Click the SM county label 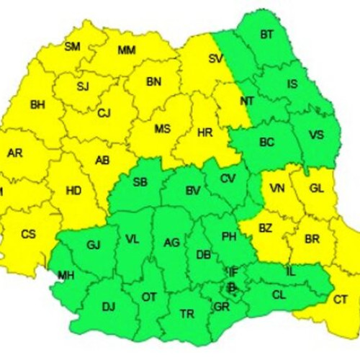(73, 48)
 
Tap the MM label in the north (127, 50)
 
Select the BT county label (267, 34)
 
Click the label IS (292, 84)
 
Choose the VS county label (316, 135)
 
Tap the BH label (37, 105)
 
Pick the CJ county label (104, 112)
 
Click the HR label (205, 130)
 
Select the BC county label (266, 142)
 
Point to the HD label (73, 191)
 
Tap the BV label (193, 191)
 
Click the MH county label (66, 275)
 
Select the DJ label (108, 307)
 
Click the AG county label (171, 243)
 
